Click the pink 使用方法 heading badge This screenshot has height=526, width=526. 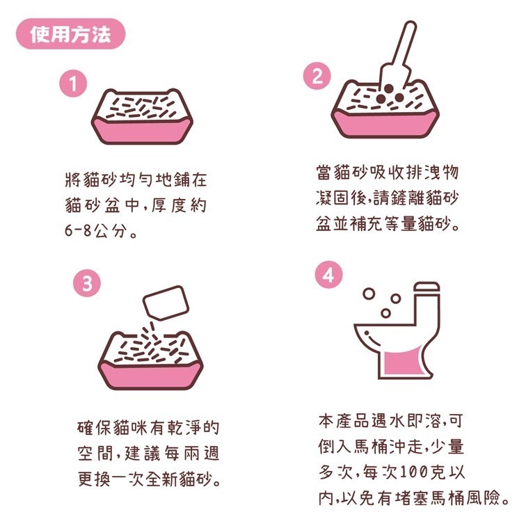pyautogui.click(x=71, y=34)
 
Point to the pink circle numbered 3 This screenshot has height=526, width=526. pyautogui.click(x=86, y=284)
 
